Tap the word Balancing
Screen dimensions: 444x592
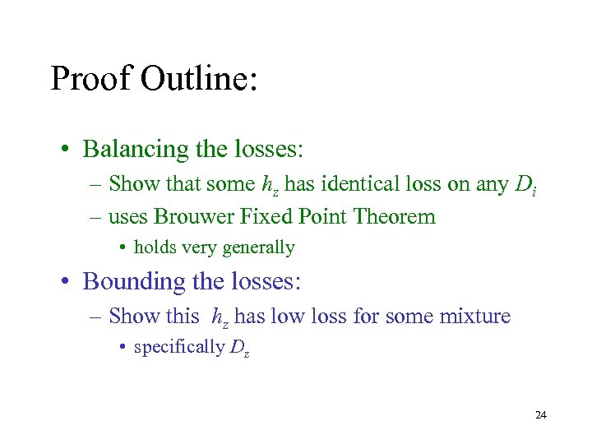[136, 150]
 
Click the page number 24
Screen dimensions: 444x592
[540, 416]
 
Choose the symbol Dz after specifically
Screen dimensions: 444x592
[238, 348]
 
